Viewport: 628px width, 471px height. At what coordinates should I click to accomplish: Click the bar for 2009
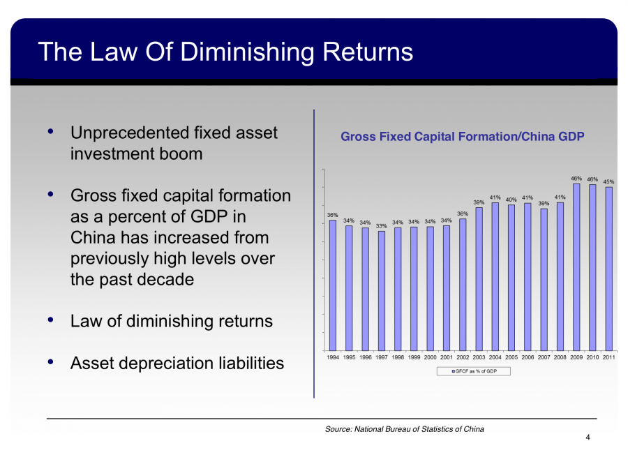click(x=577, y=267)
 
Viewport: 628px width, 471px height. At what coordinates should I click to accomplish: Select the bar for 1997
click(x=382, y=290)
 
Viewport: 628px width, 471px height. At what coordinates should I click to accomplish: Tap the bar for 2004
click(x=495, y=276)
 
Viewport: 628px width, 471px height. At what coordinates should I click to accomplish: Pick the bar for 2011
click(x=609, y=269)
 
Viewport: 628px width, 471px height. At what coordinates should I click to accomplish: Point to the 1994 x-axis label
click(x=333, y=357)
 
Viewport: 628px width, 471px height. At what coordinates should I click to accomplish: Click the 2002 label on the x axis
click(x=463, y=357)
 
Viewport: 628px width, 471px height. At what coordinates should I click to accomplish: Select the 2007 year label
click(x=544, y=357)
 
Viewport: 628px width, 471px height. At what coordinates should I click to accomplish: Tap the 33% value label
click(x=382, y=226)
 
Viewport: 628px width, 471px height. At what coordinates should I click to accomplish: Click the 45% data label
click(x=609, y=181)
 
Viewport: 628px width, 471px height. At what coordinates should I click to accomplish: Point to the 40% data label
click(x=511, y=200)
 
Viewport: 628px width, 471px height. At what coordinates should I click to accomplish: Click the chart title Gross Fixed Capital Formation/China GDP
click(x=462, y=137)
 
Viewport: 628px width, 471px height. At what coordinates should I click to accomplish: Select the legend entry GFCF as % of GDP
click(x=474, y=371)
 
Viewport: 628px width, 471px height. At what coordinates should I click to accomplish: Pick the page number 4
click(x=588, y=438)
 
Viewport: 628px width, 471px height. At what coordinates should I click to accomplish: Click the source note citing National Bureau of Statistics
click(x=404, y=429)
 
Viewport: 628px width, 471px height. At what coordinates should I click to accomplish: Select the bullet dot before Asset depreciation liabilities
click(x=51, y=362)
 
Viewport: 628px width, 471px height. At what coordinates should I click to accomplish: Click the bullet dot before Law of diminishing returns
click(x=51, y=320)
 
